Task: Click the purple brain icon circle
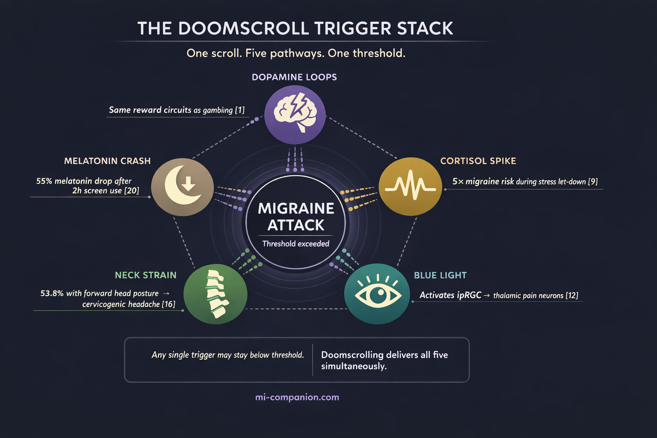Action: click(x=295, y=114)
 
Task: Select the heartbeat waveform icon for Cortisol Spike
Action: click(x=410, y=186)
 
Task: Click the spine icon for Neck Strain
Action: click(x=215, y=294)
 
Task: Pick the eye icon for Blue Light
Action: click(x=377, y=294)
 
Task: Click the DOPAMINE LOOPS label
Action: click(x=294, y=77)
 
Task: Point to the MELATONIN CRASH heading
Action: click(x=107, y=161)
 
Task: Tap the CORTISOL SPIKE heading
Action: click(x=478, y=161)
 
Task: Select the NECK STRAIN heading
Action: click(x=145, y=275)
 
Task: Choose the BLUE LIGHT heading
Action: click(x=440, y=275)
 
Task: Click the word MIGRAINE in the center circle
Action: click(x=296, y=209)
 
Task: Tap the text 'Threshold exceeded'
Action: click(x=296, y=244)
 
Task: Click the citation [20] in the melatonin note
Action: click(x=132, y=191)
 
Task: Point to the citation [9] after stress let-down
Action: click(x=593, y=182)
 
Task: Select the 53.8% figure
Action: click(x=52, y=293)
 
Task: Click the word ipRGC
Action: click(x=469, y=295)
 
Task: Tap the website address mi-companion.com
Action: click(x=297, y=397)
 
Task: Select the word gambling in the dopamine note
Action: click(x=218, y=110)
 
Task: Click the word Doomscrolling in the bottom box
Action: click(x=352, y=355)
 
